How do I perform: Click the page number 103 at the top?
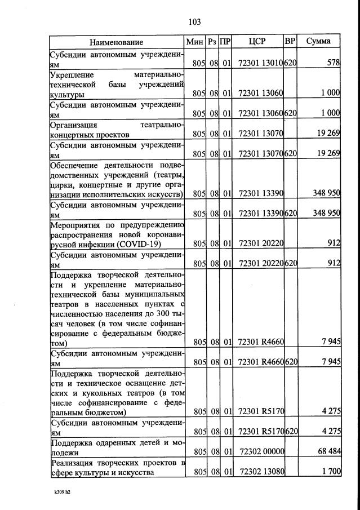194,22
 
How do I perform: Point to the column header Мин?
195,42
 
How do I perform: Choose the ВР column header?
290,42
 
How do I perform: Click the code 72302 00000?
261,451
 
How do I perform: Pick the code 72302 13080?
261,472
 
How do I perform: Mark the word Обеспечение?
75,165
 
